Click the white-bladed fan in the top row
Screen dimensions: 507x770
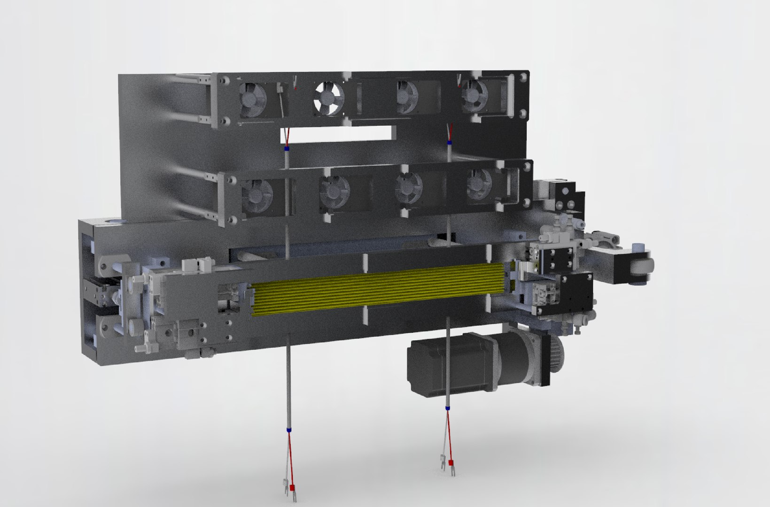pyautogui.click(x=329, y=98)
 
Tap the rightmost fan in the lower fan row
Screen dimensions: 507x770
pyautogui.click(x=479, y=186)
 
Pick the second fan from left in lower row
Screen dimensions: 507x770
pyautogui.click(x=334, y=192)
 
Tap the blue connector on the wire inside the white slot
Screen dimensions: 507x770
pyautogui.click(x=286, y=149)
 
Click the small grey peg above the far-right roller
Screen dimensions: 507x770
pyautogui.click(x=638, y=247)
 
